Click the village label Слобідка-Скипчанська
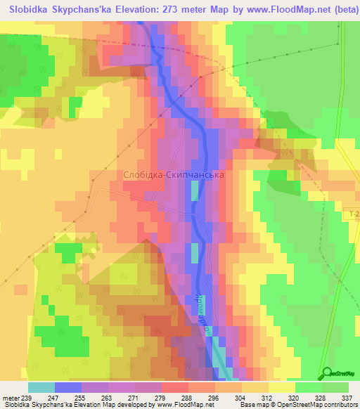pyautogui.click(x=173, y=174)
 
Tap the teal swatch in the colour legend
pyautogui.click(x=41, y=387)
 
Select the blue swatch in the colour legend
pyautogui.click(x=68, y=387)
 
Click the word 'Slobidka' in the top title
pyautogui.click(x=32, y=11)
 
